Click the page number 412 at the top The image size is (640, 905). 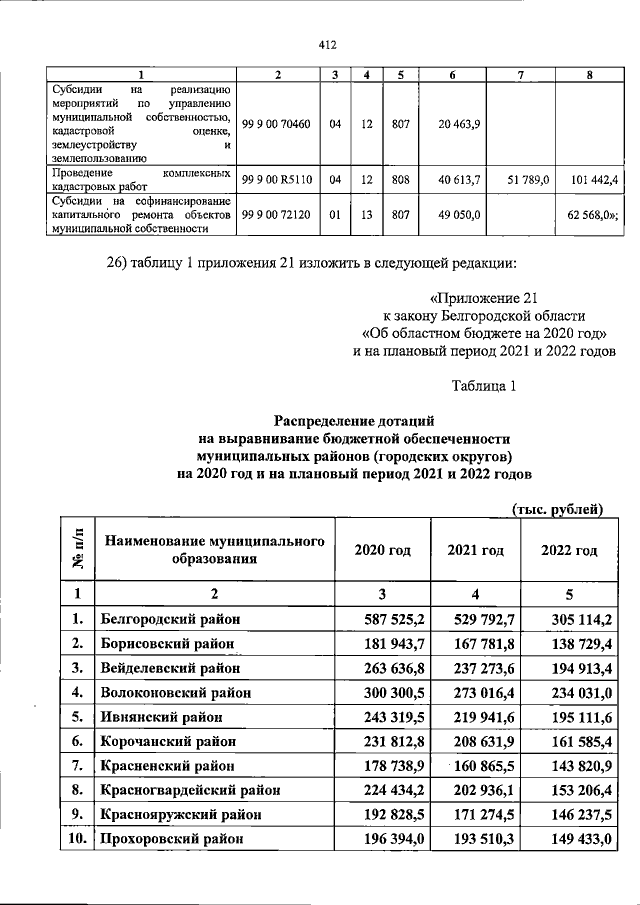(325, 44)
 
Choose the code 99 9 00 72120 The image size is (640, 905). (277, 214)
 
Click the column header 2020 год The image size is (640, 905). (383, 551)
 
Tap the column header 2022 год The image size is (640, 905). (569, 551)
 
